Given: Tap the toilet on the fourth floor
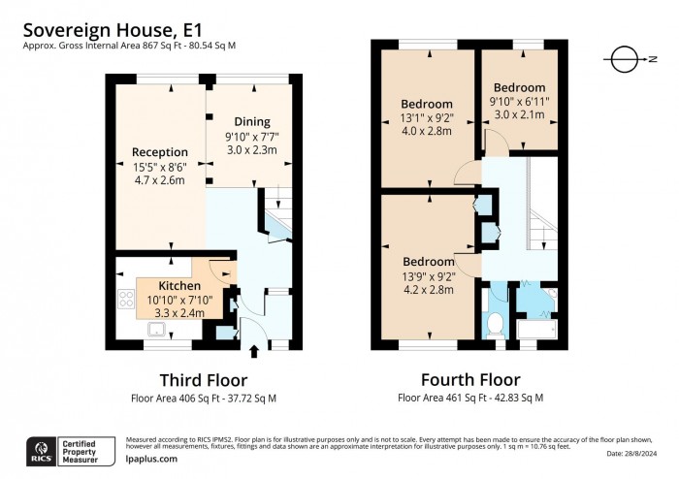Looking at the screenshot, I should pyautogui.click(x=495, y=324).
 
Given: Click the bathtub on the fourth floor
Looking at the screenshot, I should pyautogui.click(x=534, y=331).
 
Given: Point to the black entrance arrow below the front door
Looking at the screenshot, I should pyautogui.click(x=255, y=351).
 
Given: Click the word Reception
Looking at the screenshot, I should pyautogui.click(x=153, y=152).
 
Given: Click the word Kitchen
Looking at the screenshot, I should pyautogui.click(x=179, y=286).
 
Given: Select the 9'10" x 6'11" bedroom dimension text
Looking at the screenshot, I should pyautogui.click(x=519, y=101).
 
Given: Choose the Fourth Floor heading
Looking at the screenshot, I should pyautogui.click(x=470, y=379).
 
